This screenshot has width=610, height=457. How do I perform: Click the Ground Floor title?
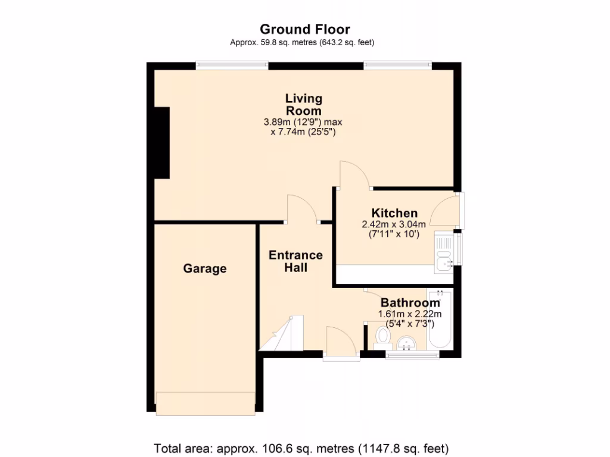(x=304, y=29)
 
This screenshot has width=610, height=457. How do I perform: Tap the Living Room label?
(x=303, y=104)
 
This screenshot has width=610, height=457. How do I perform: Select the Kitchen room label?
(x=394, y=213)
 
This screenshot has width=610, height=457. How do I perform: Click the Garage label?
(x=204, y=268)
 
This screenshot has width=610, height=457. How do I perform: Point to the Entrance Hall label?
(x=295, y=261)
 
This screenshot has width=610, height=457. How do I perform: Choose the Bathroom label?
(x=410, y=303)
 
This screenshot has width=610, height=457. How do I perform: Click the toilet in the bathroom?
(x=382, y=337)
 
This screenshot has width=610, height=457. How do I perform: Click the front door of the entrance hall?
(x=341, y=343)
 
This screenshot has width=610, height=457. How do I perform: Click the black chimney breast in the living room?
(x=161, y=142)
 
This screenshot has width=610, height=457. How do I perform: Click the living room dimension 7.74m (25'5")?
(x=303, y=132)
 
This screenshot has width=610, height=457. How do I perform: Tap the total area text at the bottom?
(x=301, y=448)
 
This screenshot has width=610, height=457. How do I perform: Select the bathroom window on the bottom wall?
(x=412, y=355)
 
